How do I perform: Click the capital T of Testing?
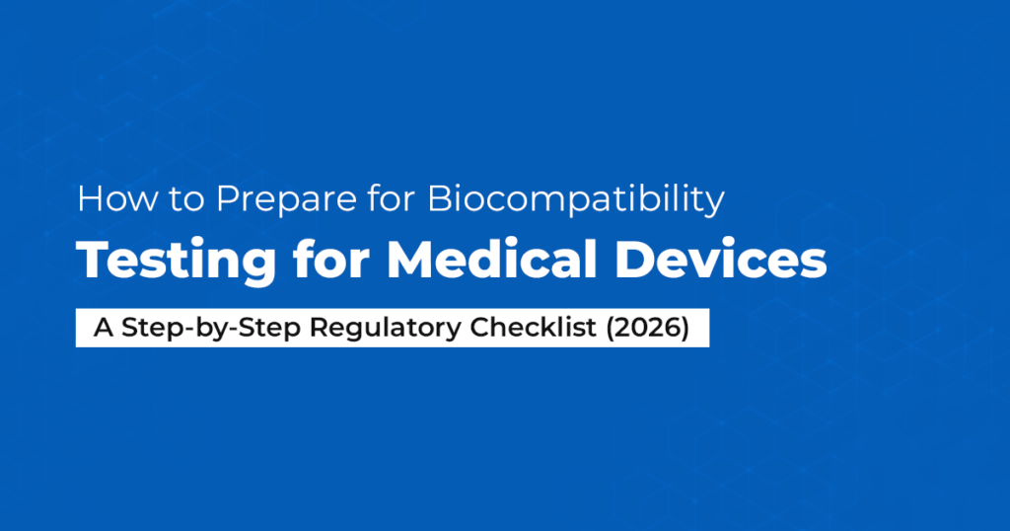[x=91, y=259]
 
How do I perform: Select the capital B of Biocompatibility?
[x=439, y=200]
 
